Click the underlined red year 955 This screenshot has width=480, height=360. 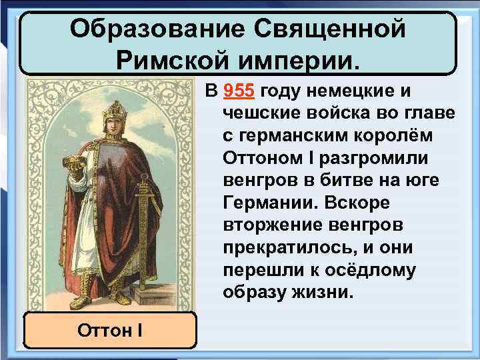point(241,91)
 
